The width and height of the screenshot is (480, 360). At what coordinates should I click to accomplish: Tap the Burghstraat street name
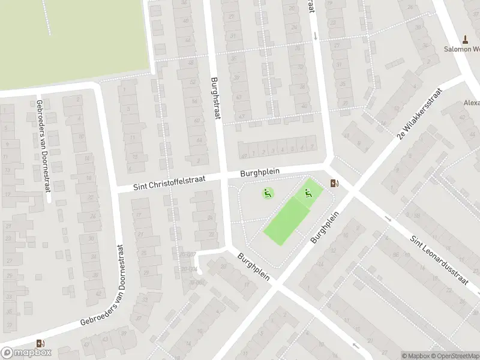pyautogui.click(x=216, y=98)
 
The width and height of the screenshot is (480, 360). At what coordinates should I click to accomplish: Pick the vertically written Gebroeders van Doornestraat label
pyautogui.click(x=43, y=146)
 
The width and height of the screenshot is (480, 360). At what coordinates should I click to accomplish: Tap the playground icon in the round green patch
pyautogui.click(x=268, y=193)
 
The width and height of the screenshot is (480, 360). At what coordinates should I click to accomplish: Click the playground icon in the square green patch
pyautogui.click(x=309, y=193)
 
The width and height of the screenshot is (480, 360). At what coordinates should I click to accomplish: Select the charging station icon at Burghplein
pyautogui.click(x=334, y=183)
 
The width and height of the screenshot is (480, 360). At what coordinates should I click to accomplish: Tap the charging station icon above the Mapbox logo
pyautogui.click(x=41, y=343)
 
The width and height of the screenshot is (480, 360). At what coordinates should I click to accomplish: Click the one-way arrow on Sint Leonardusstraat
pyautogui.click(x=388, y=219)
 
